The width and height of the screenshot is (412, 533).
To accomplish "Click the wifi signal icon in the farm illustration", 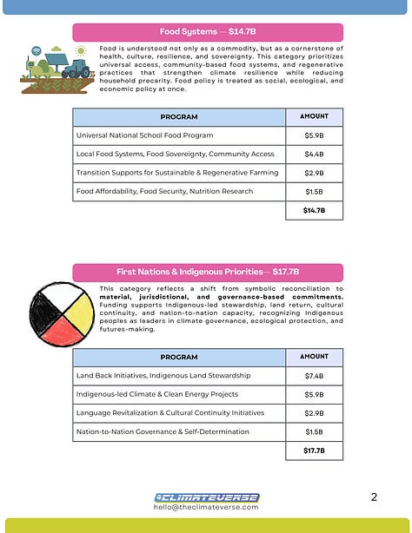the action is pos(36,52).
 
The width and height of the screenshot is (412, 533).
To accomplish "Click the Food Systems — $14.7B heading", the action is pos(207,32).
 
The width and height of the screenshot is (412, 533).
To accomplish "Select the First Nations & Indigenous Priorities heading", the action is pos(207,271).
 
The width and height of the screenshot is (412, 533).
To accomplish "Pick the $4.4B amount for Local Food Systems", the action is pos(315,154).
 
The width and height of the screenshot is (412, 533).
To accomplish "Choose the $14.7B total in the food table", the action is pos(315,210).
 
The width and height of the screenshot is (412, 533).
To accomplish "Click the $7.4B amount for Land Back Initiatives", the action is pos(315,375).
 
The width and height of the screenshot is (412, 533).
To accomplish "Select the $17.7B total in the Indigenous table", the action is pos(315,451).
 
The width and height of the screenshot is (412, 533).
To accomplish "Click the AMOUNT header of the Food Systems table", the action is pos(315,116).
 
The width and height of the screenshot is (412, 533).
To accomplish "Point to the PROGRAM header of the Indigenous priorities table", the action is pos(178,357).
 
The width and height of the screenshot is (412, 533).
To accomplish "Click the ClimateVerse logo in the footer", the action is pos(206,497).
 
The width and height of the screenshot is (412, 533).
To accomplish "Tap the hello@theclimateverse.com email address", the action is pos(206,508).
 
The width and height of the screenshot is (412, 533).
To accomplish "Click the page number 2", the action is pos(373,497).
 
